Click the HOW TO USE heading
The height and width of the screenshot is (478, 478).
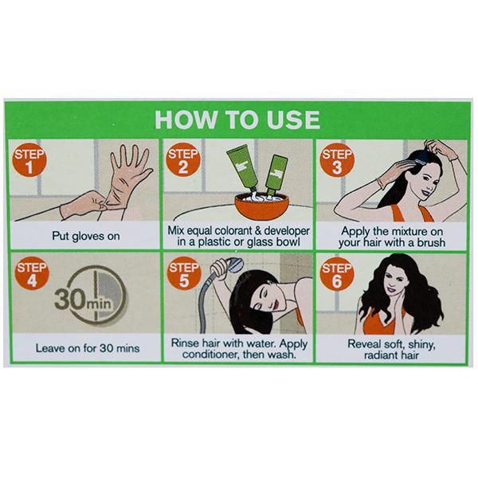click(x=237, y=119)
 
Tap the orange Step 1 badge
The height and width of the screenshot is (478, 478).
click(x=29, y=160)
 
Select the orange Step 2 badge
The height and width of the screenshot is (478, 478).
click(x=183, y=160)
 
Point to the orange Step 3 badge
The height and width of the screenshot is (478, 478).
click(x=337, y=160)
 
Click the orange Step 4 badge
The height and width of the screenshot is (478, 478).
click(x=32, y=274)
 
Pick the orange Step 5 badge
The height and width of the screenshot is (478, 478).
click(x=184, y=273)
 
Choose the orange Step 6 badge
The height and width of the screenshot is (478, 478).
click(x=337, y=274)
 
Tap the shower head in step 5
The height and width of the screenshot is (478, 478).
click(x=233, y=265)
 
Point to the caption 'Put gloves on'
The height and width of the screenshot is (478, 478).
click(x=86, y=237)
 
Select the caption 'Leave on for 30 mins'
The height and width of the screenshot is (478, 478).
click(x=88, y=348)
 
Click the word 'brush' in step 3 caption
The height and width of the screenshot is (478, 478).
click(x=431, y=243)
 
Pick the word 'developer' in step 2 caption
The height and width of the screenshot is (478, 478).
click(x=287, y=231)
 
